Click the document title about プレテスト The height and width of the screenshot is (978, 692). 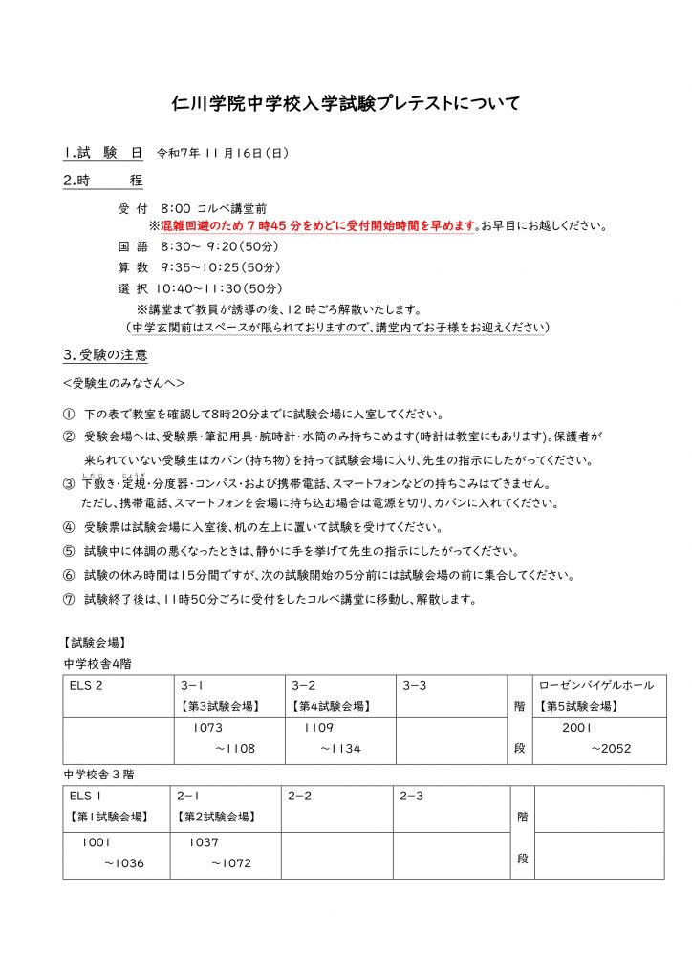pos(346,102)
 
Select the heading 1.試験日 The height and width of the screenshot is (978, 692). pos(103,153)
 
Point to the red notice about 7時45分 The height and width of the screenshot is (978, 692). pos(312,226)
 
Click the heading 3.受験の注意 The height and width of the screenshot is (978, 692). pos(105,357)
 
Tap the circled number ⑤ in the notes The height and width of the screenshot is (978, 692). pos(69,552)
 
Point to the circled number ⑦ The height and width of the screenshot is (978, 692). pos(69,600)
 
